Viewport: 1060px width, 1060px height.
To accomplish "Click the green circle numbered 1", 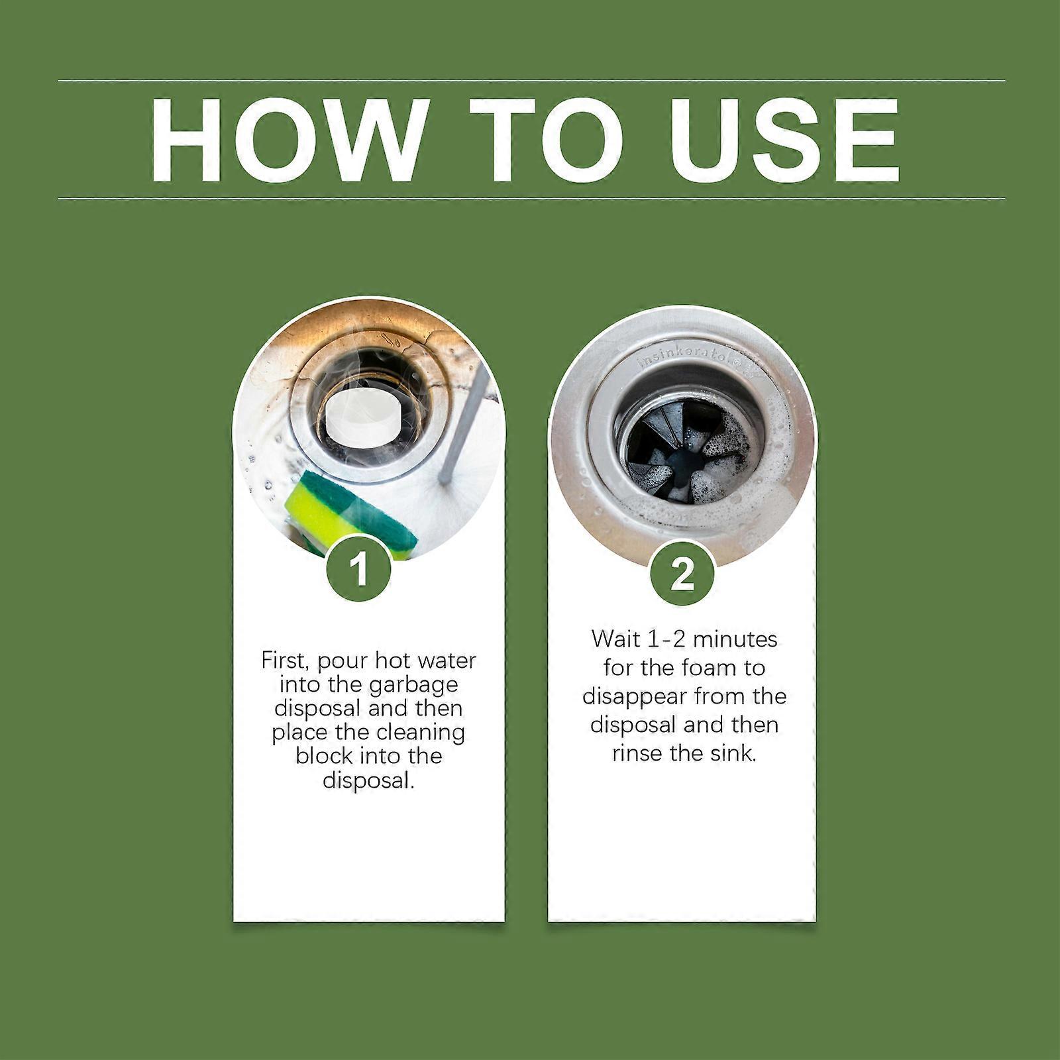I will pyautogui.click(x=358, y=570).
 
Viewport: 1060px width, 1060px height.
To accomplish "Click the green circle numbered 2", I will pyautogui.click(x=682, y=574).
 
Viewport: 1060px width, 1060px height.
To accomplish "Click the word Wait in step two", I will pyautogui.click(x=616, y=639).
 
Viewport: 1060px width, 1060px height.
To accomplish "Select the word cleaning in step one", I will pyautogui.click(x=421, y=732).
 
